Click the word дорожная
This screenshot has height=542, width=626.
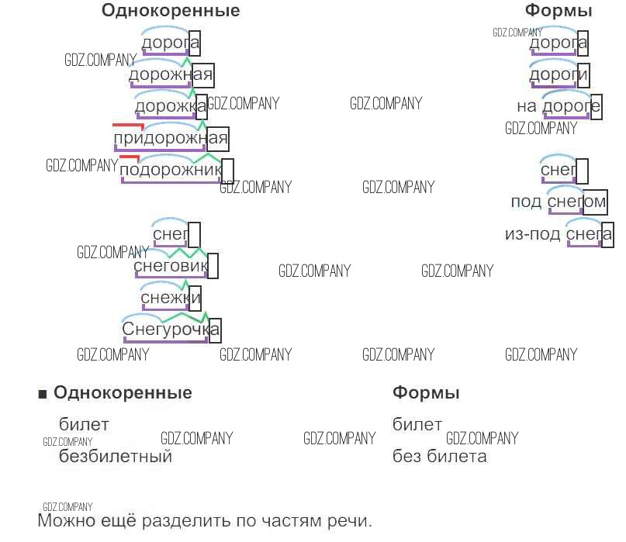click(171, 75)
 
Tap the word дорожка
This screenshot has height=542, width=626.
click(171, 106)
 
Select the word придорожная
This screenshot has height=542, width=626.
click(171, 139)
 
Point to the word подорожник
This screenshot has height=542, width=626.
click(172, 170)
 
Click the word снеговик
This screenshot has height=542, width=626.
click(171, 267)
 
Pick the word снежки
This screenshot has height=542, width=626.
click(171, 298)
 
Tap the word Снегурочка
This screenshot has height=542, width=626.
click(171, 330)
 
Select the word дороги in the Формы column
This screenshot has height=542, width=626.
click(559, 75)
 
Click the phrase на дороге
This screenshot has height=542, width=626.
click(559, 106)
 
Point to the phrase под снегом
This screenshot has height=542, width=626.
click(558, 202)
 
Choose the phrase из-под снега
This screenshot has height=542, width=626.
click(559, 234)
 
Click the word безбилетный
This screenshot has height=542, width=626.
click(115, 457)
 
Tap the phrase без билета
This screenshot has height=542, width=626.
click(439, 457)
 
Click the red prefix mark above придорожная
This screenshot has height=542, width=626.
click(128, 125)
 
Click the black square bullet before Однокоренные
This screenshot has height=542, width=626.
click(43, 394)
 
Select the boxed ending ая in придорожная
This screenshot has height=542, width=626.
click(218, 139)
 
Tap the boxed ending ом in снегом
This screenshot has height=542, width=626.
click(594, 202)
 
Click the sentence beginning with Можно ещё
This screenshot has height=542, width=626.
click(205, 520)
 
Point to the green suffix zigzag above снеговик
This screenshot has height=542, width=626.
click(186, 253)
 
